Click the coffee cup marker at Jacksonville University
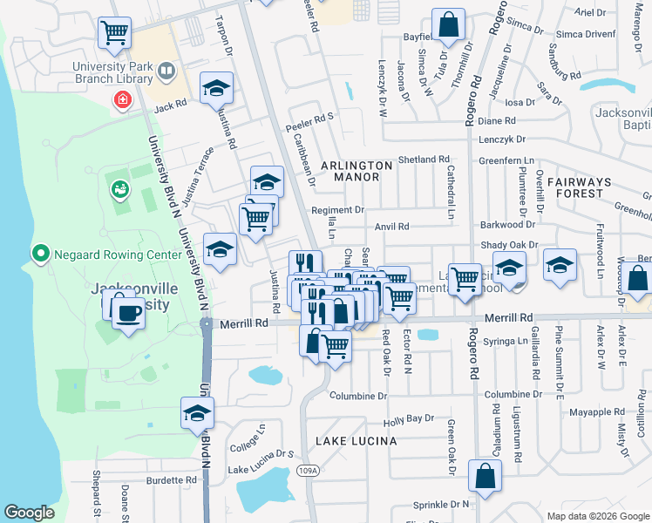coord(128,312)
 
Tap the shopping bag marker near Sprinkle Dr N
coord(485,476)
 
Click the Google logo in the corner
coord(29,513)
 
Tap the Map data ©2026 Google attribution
coord(598,516)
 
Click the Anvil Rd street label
coord(391,227)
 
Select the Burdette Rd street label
coord(171,480)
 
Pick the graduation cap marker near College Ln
coord(198,412)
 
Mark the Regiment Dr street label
coord(337,210)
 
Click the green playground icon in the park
coord(119,187)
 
